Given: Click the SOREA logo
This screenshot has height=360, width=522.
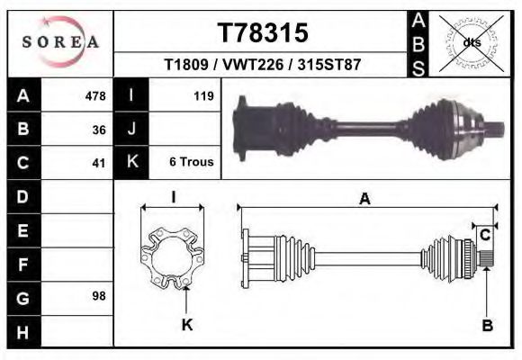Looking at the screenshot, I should coord(59,41).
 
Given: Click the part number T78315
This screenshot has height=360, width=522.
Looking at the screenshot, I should coord(263,33).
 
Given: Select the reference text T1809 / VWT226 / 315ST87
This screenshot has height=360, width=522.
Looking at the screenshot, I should coord(263,66).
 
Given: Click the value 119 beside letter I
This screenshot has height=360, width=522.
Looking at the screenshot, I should coord(202,96).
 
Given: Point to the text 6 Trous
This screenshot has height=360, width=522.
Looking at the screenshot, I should coord(191,162).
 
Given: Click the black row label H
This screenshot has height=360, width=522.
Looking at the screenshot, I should coord(22,330).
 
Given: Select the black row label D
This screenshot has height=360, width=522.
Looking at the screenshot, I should coord(22,196).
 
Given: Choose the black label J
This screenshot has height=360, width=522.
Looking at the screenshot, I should coord(131,130).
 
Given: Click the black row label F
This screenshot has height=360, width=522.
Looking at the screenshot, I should coord(22,264).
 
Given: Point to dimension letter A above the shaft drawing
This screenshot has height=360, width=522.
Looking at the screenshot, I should coord(364,200).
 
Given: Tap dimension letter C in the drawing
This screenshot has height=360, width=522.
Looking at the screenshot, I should coord(484,236).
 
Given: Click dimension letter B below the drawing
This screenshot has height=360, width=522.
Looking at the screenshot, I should coord(487,326).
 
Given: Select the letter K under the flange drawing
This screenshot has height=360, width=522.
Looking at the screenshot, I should coord(187,325).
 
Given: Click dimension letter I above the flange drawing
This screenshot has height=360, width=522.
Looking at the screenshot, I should coord(173,198).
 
